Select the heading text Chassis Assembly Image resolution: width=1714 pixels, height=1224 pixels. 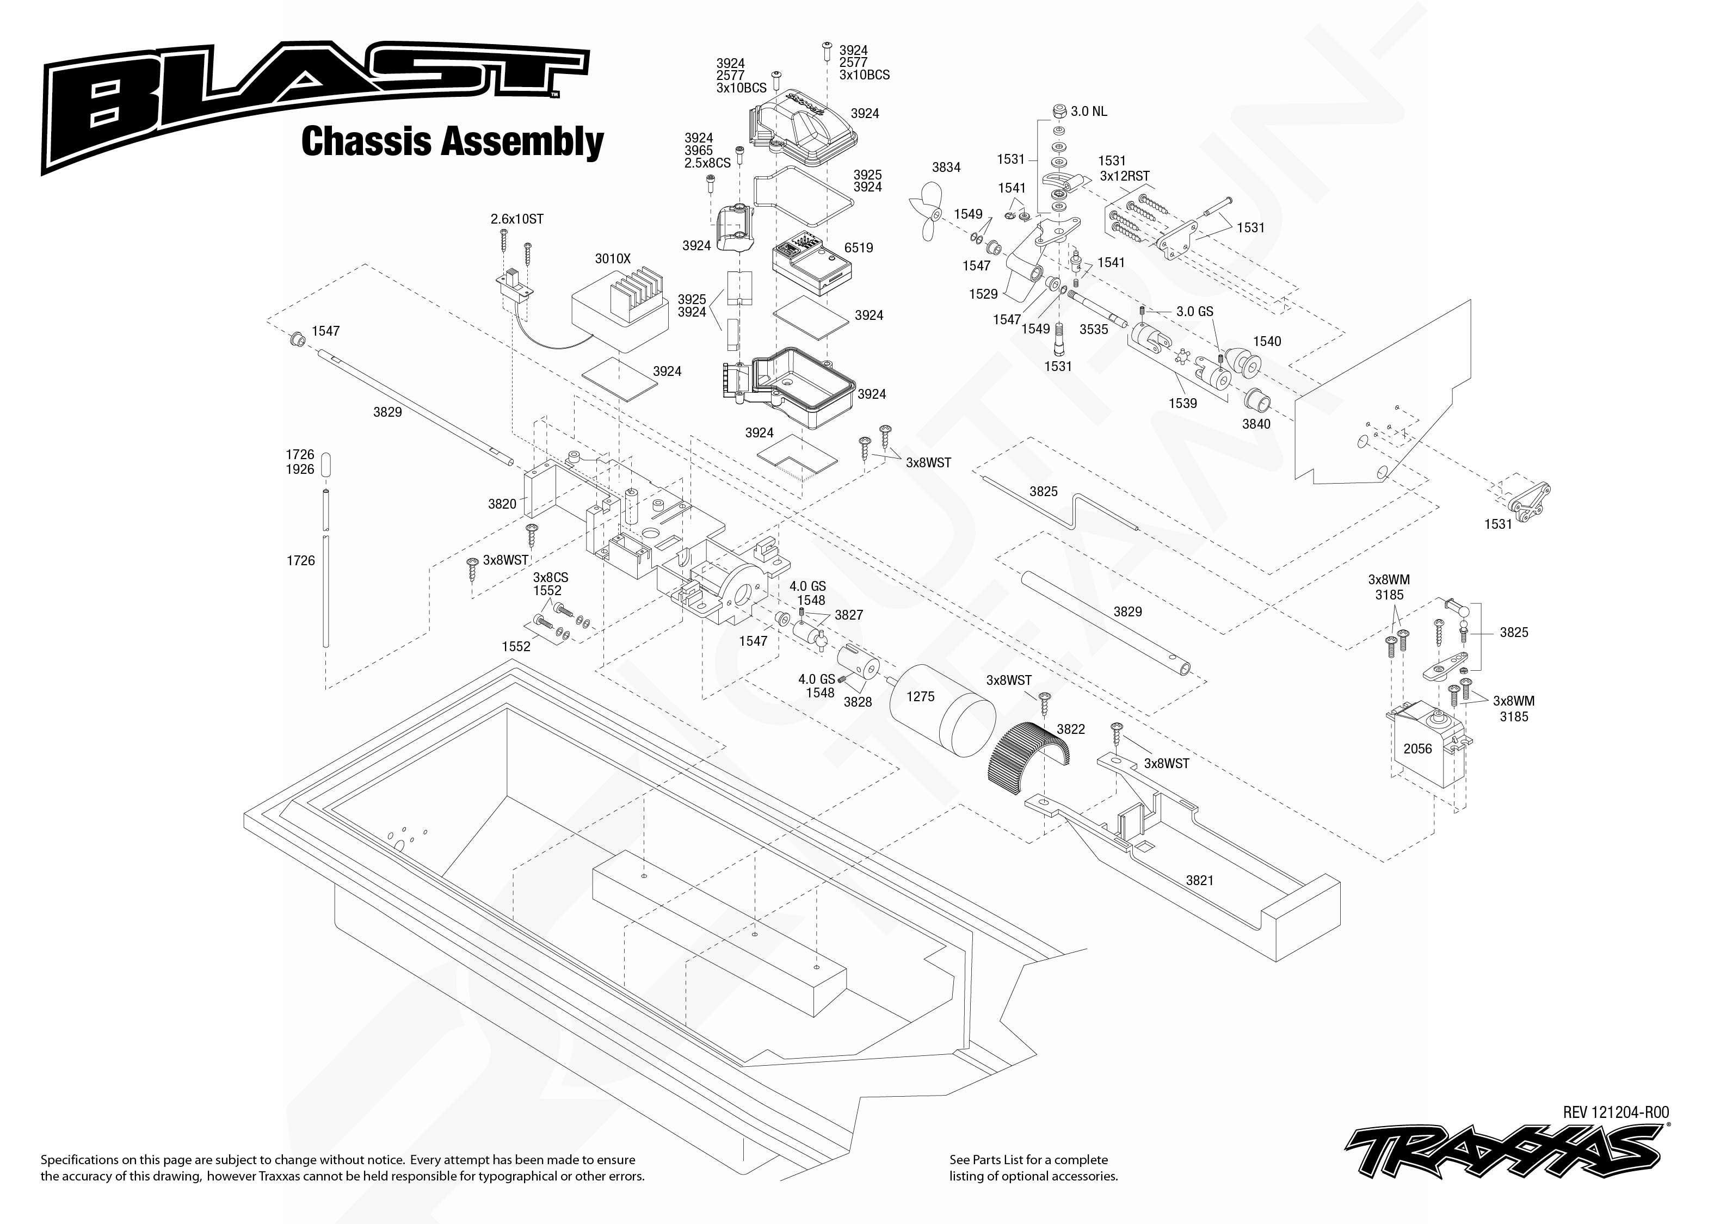[x=452, y=141]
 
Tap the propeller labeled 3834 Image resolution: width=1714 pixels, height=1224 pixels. [x=927, y=212]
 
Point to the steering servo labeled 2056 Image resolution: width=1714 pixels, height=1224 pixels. [x=1425, y=746]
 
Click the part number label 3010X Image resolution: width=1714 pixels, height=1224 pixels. [x=612, y=258]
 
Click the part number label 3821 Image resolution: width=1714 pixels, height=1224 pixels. [x=1199, y=880]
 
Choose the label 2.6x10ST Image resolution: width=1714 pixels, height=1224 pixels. [x=516, y=219]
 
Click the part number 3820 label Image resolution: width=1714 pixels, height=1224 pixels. [x=502, y=503]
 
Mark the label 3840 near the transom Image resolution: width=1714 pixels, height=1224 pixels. [x=1256, y=424]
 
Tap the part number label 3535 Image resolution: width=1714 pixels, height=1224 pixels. [x=1093, y=329]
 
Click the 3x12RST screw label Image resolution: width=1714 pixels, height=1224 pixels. [x=1125, y=176]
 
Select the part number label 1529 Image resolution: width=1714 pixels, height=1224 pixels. [x=983, y=294]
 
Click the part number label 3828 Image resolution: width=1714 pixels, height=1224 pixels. [x=857, y=702]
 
